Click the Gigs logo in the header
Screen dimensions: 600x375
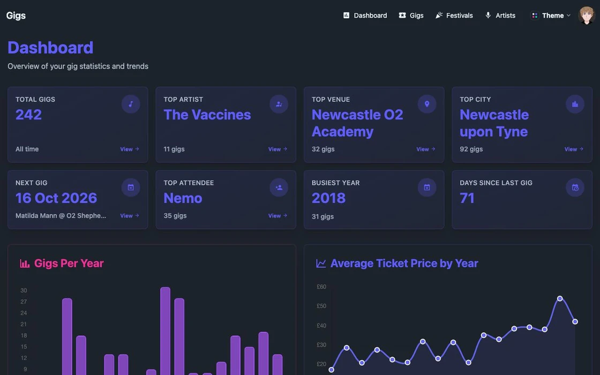point(16,16)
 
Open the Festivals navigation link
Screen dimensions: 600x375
point(454,16)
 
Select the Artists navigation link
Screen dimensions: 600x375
point(500,16)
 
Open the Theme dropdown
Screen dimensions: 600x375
point(551,16)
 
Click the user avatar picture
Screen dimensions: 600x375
point(586,16)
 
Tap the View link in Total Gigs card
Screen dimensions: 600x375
point(129,149)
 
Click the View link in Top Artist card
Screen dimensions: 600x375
point(277,149)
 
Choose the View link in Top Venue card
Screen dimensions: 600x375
point(425,149)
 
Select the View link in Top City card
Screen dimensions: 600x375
point(574,149)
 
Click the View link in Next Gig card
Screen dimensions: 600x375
point(129,216)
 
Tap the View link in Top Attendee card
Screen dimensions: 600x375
point(277,216)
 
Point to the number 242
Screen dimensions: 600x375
point(29,115)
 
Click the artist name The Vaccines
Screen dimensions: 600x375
point(207,115)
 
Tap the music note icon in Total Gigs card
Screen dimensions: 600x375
point(131,104)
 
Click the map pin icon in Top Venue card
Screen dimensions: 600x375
point(427,104)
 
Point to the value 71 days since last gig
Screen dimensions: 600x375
point(467,198)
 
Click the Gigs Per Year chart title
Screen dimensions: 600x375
point(69,263)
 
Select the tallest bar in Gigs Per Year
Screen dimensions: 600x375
point(166,331)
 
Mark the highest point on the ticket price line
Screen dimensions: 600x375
point(560,298)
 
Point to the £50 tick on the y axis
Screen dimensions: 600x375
point(321,306)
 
